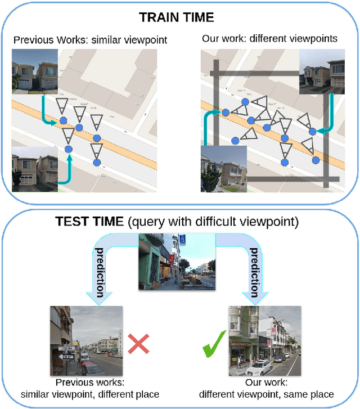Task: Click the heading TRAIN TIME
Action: click(177, 17)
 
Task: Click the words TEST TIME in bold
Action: click(91, 222)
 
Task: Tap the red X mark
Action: click(137, 344)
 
